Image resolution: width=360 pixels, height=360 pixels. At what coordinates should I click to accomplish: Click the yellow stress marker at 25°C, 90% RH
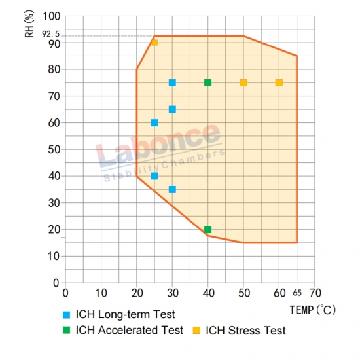[x=154, y=43]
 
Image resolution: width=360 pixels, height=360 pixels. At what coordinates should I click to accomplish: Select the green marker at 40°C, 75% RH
[x=207, y=82]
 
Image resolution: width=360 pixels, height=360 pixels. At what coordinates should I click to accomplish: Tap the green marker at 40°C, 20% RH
[x=207, y=229]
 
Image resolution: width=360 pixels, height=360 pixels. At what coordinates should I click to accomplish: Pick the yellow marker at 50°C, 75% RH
[x=243, y=82]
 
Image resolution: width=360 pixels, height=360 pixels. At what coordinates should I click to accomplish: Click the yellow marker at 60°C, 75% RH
[x=279, y=82]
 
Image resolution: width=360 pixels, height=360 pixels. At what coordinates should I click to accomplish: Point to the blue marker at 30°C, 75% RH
[x=172, y=82]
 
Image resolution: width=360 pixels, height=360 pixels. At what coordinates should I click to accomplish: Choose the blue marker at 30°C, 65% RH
[x=172, y=109]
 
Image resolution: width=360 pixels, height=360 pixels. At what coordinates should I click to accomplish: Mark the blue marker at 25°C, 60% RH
[x=154, y=123]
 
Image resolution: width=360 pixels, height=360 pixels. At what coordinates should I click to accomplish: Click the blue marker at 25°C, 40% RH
[x=154, y=176]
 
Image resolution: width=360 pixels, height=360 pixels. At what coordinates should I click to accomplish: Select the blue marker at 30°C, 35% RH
[x=172, y=189]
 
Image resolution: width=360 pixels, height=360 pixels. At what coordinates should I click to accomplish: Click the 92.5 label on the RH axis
[x=50, y=34]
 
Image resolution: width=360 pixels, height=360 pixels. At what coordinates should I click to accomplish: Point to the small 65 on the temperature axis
[x=297, y=293]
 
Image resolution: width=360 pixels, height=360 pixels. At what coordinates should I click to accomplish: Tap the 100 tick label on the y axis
[x=52, y=16]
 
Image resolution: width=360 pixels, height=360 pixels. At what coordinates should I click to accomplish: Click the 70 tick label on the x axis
[x=315, y=293]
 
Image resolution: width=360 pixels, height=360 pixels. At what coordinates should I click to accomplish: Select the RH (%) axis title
[x=29, y=24]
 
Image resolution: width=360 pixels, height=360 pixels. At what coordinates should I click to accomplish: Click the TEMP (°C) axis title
[x=313, y=310]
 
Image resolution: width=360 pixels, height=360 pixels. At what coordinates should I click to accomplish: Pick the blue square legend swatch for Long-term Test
[x=66, y=315]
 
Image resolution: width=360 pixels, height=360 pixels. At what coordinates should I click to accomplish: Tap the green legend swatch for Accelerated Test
[x=66, y=330]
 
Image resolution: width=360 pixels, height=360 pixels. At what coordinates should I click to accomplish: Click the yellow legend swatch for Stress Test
[x=196, y=330]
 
